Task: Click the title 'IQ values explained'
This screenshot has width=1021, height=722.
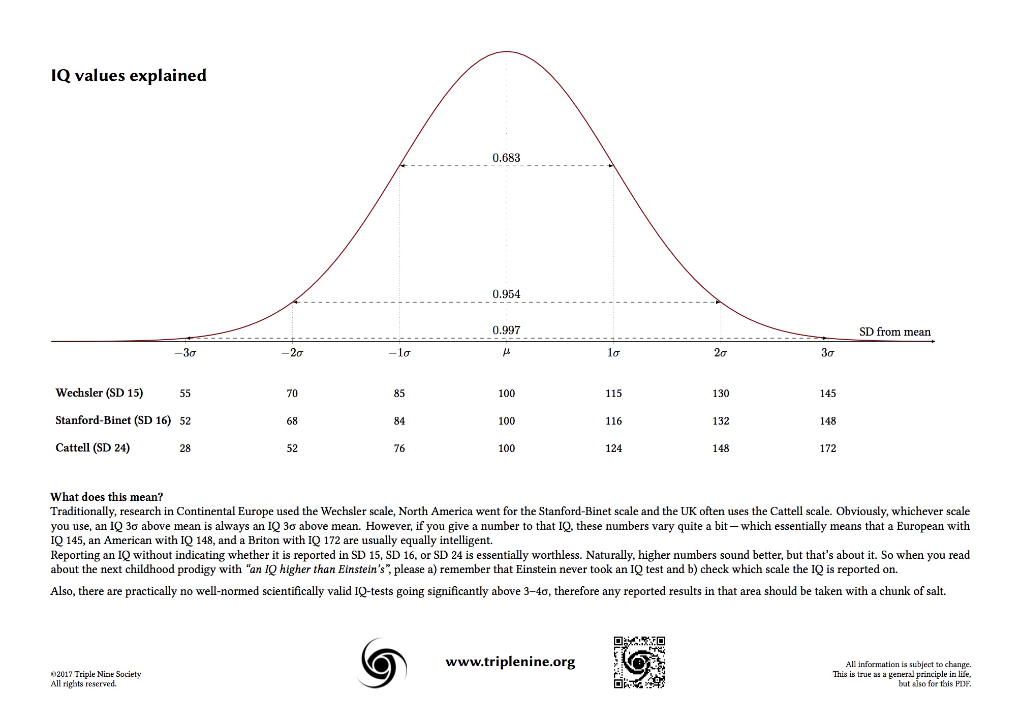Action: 129,75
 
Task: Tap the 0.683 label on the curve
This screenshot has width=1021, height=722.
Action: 506,158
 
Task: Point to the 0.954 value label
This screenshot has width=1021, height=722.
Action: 506,294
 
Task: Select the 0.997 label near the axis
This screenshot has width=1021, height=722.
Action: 506,330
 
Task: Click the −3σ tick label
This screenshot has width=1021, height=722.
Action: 185,353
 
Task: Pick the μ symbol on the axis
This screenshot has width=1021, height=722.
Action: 506,352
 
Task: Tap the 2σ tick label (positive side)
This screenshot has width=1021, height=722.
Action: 720,353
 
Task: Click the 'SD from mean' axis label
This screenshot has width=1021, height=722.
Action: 894,332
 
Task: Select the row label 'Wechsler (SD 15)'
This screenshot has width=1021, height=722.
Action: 99,393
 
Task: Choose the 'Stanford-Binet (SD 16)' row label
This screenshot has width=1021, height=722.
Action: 113,420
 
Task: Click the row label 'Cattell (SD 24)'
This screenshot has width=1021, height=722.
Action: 92,447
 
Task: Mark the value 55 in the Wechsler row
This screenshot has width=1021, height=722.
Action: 185,394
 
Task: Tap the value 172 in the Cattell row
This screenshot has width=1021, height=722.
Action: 827,448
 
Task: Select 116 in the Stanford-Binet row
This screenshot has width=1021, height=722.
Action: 613,421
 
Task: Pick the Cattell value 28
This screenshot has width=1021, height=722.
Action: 185,448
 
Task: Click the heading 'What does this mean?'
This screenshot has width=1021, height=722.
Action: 107,497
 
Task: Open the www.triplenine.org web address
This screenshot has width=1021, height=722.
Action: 510,661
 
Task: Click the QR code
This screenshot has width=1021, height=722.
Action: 639,662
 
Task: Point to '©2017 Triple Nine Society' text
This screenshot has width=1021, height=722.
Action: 96,674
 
